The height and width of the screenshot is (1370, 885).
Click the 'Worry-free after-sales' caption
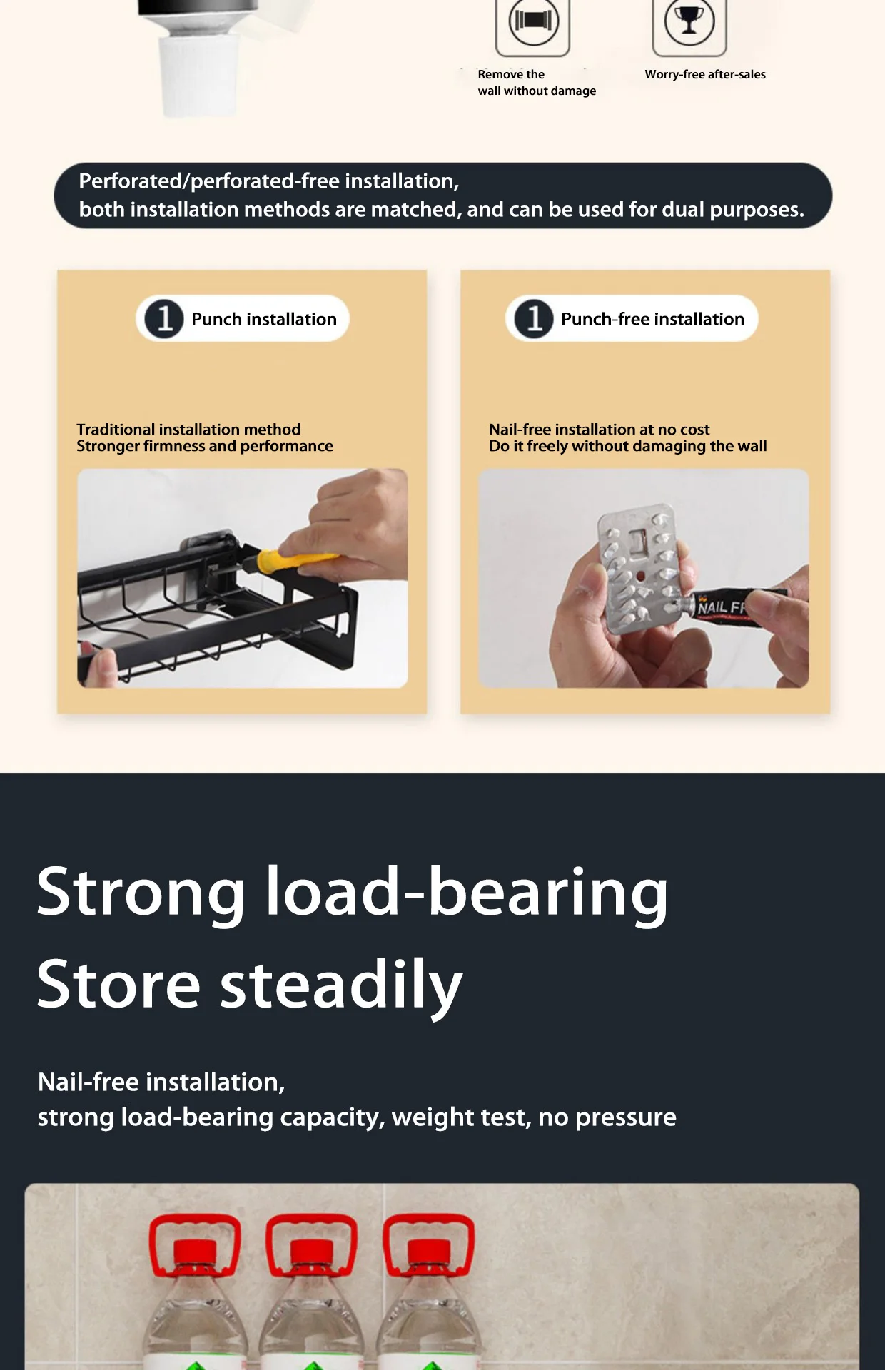point(705,74)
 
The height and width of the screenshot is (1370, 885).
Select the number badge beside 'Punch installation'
point(164,318)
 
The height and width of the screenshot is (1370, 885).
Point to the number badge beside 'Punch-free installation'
point(534,318)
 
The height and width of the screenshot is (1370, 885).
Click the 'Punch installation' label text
point(264,319)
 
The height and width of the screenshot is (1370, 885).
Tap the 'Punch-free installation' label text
point(652,319)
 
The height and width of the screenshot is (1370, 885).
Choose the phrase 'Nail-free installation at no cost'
point(600,429)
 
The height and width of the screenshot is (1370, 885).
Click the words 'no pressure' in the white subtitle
point(607,1118)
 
